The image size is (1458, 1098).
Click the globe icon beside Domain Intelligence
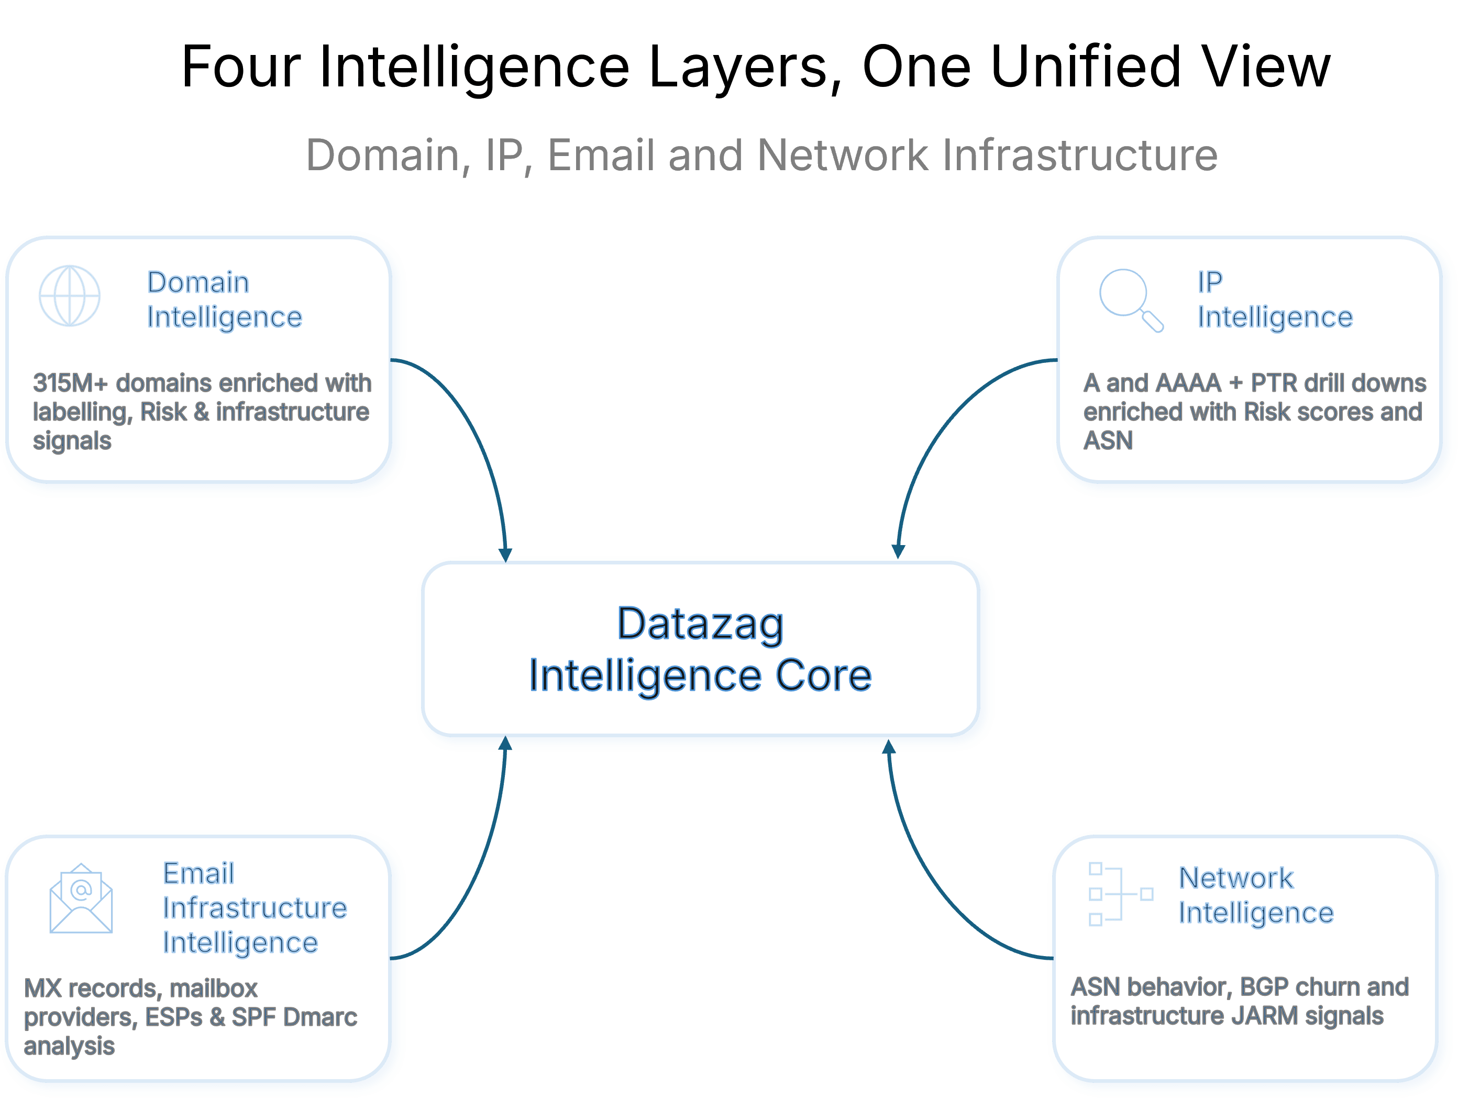[x=70, y=296]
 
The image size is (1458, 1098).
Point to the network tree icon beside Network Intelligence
[x=1119, y=894]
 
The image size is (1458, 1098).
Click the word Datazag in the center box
[x=700, y=624]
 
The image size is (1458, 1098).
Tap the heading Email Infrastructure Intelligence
[x=255, y=907]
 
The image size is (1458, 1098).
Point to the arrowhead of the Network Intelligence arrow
[x=889, y=747]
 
